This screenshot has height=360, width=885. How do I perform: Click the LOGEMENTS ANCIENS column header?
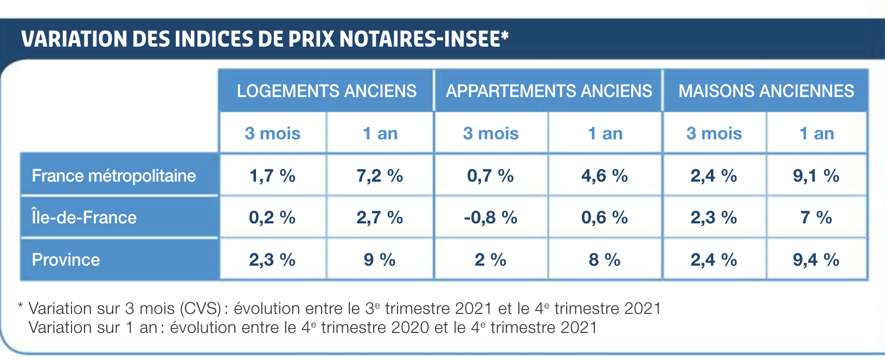point(326,91)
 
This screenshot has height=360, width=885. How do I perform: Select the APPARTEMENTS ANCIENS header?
point(548,91)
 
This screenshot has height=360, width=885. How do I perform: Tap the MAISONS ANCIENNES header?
point(766,91)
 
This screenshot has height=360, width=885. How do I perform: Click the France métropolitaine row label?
point(114,176)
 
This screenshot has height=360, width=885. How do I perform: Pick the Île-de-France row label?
point(84,217)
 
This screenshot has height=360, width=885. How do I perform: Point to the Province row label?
point(66,260)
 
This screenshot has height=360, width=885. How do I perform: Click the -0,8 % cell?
point(490,217)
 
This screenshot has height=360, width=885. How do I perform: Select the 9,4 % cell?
point(816,260)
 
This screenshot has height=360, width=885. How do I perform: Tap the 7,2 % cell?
point(380,176)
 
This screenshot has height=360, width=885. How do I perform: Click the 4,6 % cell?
point(604,176)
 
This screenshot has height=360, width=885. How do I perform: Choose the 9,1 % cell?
point(816,176)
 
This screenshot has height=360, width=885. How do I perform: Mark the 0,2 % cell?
point(272,217)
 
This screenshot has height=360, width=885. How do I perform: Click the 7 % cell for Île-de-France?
point(816,217)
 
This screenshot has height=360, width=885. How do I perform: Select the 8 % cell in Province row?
point(604,260)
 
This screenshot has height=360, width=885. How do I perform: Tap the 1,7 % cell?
point(272,176)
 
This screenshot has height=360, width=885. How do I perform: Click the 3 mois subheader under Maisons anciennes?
point(714,133)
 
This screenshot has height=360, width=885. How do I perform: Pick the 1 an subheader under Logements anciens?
point(380,133)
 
